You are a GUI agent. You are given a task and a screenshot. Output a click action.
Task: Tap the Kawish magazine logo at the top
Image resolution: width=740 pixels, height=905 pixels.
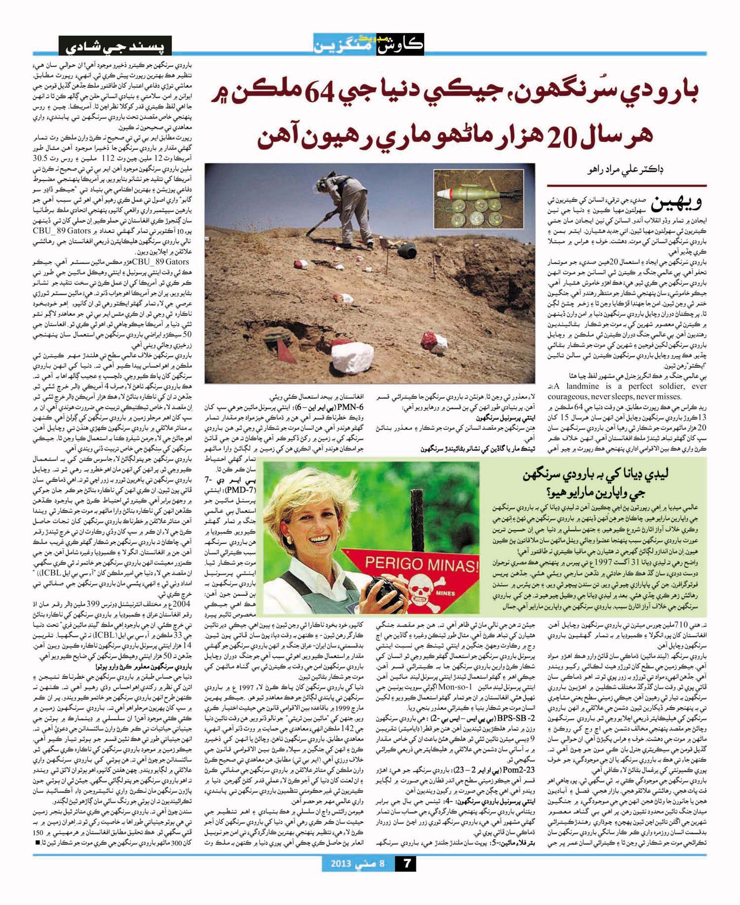[x=369, y=44]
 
